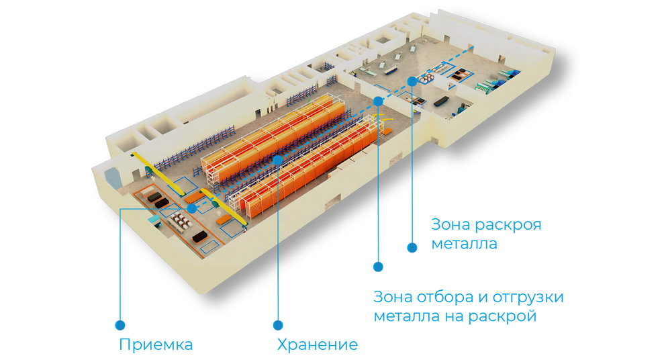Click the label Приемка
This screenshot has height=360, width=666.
click(x=156, y=345)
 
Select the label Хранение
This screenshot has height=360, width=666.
click(x=317, y=345)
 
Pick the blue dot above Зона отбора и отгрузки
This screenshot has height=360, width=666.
click(x=378, y=267)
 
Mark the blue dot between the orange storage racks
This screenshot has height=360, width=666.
click(x=278, y=160)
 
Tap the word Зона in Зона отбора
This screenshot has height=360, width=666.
click(x=392, y=297)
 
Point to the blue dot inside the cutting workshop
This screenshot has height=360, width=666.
click(x=412, y=81)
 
